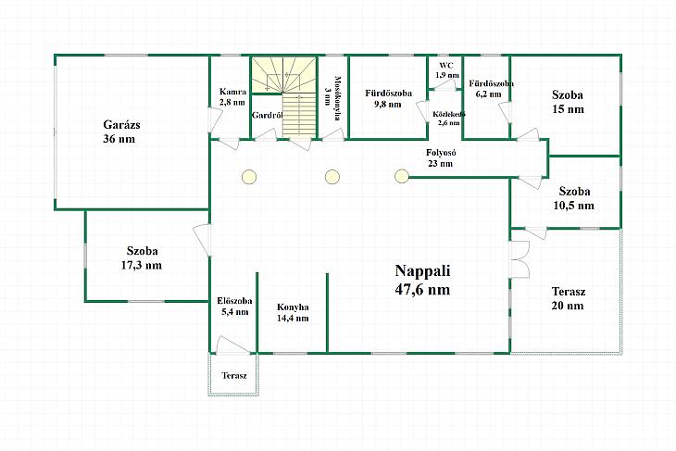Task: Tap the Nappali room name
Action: coord(422,270)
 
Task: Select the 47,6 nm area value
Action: coord(422,289)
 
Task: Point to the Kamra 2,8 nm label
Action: coord(232,97)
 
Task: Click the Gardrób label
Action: coord(267,115)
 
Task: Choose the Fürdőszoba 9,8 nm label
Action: coord(388,99)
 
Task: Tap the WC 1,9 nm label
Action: coord(446,70)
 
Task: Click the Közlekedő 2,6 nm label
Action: coord(449,119)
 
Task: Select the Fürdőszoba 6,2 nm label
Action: coord(491,88)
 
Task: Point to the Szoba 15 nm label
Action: coord(568,102)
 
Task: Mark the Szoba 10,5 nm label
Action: coord(574,198)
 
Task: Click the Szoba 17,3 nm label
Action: coord(142,257)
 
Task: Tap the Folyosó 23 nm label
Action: coord(441,157)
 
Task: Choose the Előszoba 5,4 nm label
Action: coord(234,307)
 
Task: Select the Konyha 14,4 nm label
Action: coord(293,313)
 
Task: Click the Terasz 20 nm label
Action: coord(569,298)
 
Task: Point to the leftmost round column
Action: coord(249,177)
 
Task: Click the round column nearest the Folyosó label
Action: coord(402,176)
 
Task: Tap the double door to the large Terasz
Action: coord(519,259)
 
